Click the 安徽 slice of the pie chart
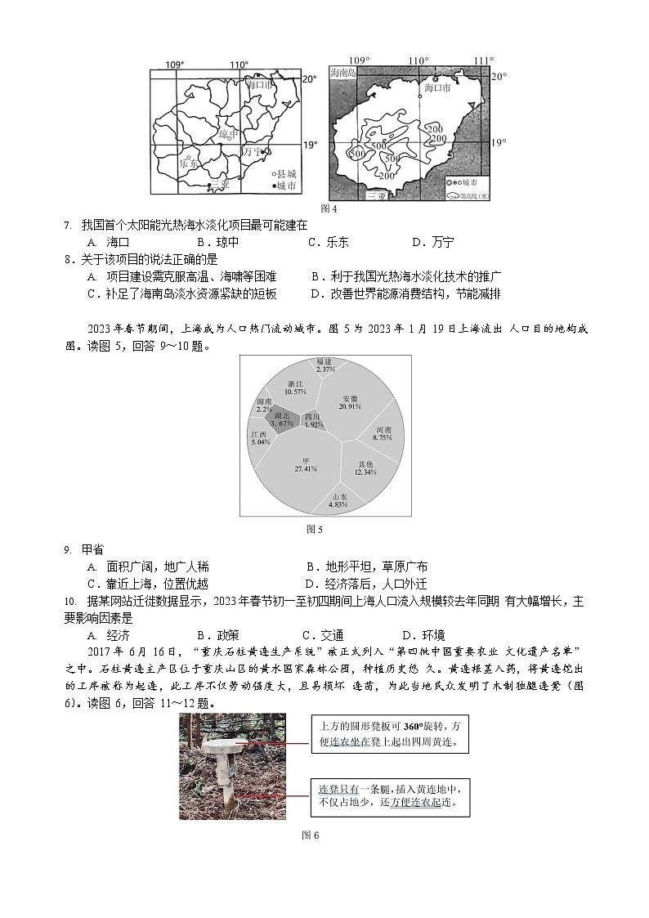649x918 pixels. point(350,401)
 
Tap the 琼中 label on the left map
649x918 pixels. point(228,134)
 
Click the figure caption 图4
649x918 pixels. point(329,208)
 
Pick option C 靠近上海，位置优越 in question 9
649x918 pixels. point(147,584)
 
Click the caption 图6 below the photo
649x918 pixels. point(310,835)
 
